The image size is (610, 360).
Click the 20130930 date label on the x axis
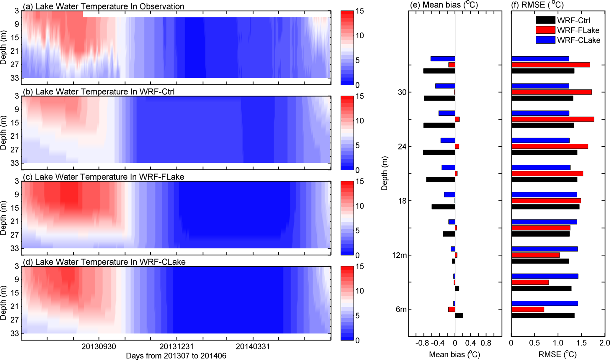pyautogui.click(x=99, y=346)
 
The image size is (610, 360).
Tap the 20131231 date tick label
pyautogui.click(x=176, y=346)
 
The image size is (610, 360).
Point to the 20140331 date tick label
pyautogui.click(x=253, y=346)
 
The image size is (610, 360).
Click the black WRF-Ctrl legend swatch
pyautogui.click(x=545, y=20)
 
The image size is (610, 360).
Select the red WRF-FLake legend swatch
pyautogui.click(x=545, y=30)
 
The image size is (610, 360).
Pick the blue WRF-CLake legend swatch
pyautogui.click(x=545, y=40)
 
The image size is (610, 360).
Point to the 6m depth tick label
pyautogui.click(x=401, y=309)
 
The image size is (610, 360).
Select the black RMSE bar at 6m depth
pyautogui.click(x=543, y=315)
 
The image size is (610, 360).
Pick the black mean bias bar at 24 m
pyautogui.click(x=439, y=153)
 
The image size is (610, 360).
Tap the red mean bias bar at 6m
pyautogui.click(x=452, y=309)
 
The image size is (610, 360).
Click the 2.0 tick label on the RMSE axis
pyautogui.click(x=604, y=343)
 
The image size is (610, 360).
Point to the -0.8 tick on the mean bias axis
pyautogui.click(x=421, y=343)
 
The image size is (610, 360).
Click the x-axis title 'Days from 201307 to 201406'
pyautogui.click(x=176, y=356)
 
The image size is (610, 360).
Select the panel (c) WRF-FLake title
pyautogui.click(x=109, y=177)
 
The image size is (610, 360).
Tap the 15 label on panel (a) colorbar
pyautogui.click(x=360, y=11)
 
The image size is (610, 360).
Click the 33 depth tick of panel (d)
pyautogui.click(x=15, y=333)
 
